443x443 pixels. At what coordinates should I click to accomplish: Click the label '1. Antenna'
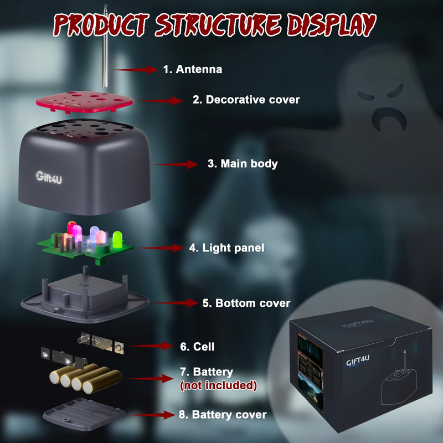(x=193, y=69)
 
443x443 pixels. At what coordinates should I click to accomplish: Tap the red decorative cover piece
(x=85, y=102)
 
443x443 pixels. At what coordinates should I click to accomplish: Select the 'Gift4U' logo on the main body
(x=49, y=177)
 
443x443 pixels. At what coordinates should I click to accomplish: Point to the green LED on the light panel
(x=117, y=239)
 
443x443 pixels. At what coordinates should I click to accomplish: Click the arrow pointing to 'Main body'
(x=176, y=164)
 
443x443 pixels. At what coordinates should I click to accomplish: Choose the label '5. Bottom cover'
(x=246, y=303)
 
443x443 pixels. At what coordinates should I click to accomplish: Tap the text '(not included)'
(x=218, y=385)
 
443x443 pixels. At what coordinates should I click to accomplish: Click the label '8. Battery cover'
(x=223, y=415)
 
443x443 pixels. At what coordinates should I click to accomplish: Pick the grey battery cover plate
(x=84, y=414)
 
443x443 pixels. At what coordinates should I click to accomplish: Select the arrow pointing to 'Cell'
(x=150, y=346)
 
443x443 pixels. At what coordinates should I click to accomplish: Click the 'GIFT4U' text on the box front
(x=358, y=361)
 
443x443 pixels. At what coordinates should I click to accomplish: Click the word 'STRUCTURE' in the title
(x=218, y=25)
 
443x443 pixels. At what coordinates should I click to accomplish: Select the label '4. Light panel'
(x=226, y=248)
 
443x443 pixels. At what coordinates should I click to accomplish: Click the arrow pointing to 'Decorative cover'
(x=160, y=101)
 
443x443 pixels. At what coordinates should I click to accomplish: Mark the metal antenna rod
(x=105, y=46)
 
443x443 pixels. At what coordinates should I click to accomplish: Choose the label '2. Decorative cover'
(x=246, y=100)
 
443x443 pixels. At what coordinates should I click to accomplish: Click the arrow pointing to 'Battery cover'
(x=153, y=415)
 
